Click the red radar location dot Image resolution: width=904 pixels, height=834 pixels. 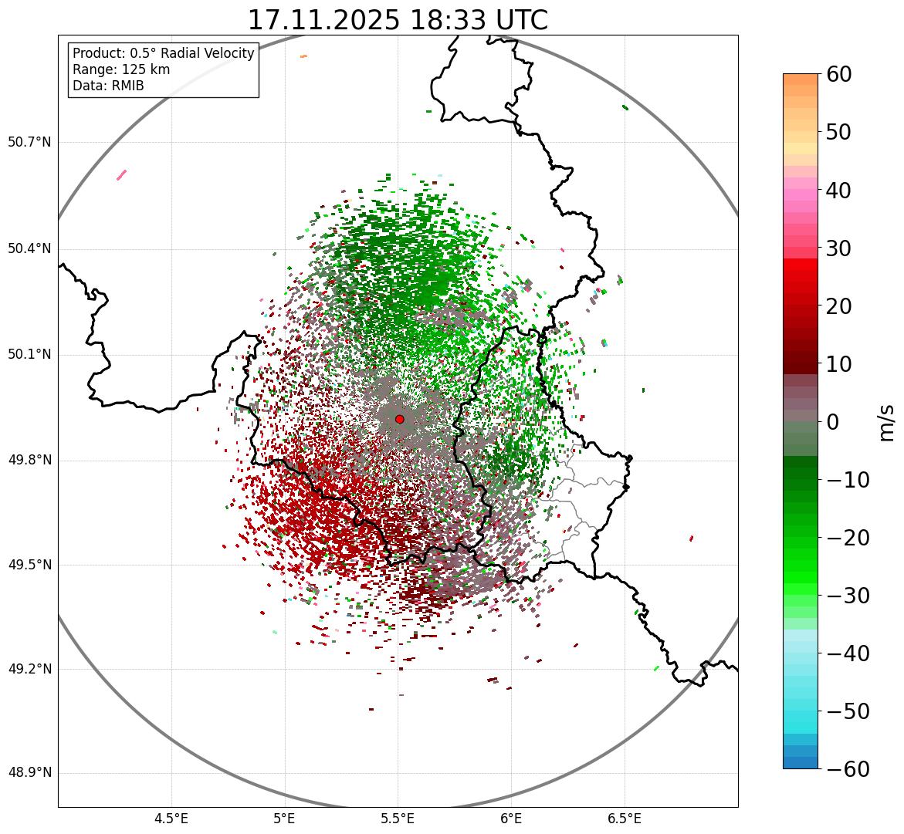point(399,419)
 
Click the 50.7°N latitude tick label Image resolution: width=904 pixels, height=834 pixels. point(29,142)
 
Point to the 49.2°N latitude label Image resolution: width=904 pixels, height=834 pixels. point(29,669)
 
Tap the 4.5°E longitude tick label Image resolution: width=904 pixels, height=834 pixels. point(171,818)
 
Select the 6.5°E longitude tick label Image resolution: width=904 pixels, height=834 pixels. point(624,818)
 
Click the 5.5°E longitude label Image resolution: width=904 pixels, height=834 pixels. point(398,818)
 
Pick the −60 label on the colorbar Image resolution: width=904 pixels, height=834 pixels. point(848,769)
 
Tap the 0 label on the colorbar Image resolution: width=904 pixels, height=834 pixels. point(833,422)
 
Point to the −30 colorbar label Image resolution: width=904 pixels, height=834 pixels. point(848,596)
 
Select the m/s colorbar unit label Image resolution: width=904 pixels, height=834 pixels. point(887,422)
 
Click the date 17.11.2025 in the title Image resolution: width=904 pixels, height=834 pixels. point(323,20)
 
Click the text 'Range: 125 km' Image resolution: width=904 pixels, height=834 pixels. point(121,69)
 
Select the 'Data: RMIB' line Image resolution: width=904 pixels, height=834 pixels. point(108,86)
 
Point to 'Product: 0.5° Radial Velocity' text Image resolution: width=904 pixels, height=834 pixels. point(163,53)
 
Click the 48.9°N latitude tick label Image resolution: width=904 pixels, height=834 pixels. point(29,773)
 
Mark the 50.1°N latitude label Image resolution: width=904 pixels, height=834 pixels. point(29,354)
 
